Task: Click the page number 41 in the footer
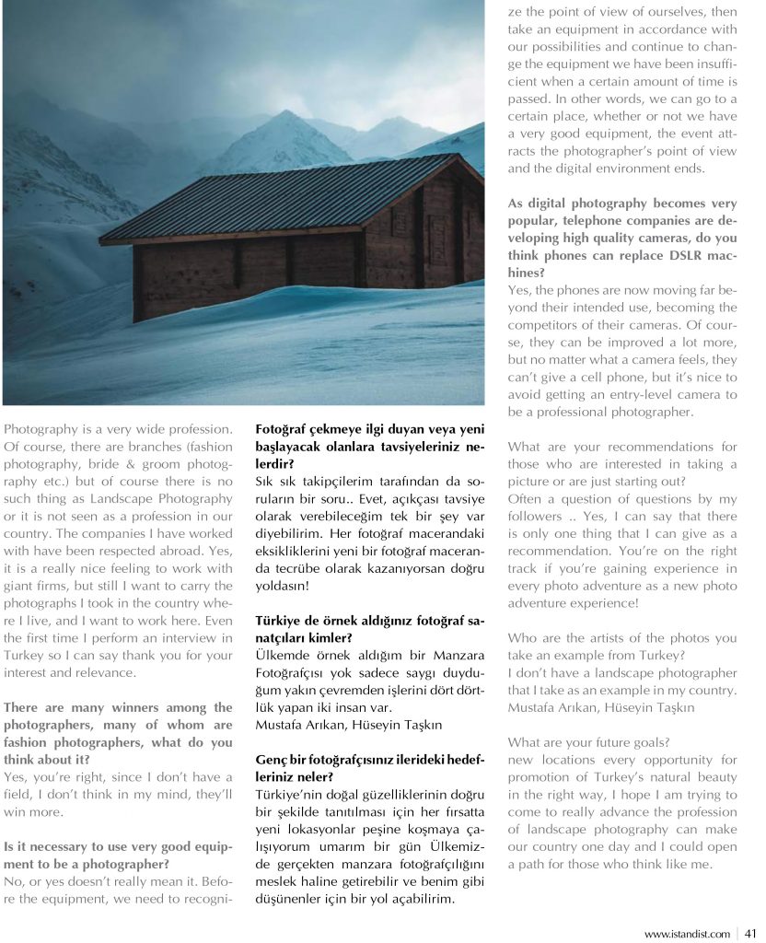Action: click(751, 934)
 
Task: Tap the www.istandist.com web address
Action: click(687, 934)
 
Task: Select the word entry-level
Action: click(627, 394)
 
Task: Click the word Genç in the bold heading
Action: click(271, 760)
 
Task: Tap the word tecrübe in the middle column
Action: click(304, 569)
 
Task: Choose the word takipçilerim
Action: click(334, 482)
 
